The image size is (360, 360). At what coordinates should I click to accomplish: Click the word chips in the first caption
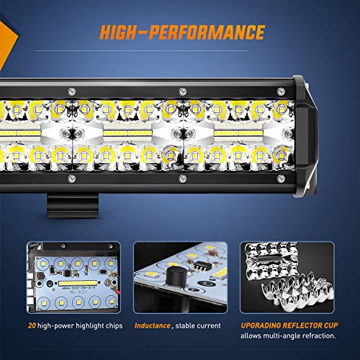point(111,326)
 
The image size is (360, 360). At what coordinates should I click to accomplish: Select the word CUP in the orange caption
point(325,326)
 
